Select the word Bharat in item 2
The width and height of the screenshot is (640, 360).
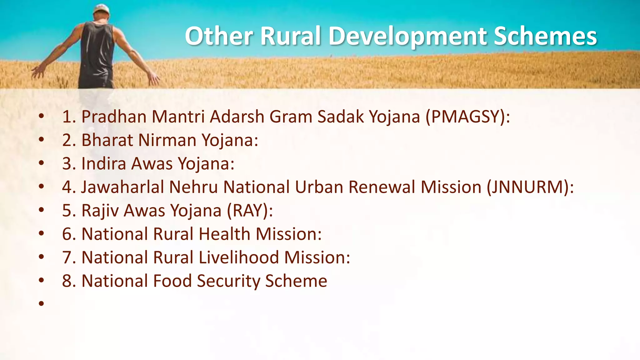[x=107, y=140]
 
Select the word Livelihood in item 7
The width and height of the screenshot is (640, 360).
[x=238, y=257]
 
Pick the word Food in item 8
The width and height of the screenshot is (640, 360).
[x=172, y=281]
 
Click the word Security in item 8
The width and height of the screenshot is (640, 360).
[x=228, y=281]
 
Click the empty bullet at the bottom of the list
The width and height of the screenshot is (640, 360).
[x=41, y=303]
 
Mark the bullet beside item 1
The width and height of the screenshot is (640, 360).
[x=41, y=116]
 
